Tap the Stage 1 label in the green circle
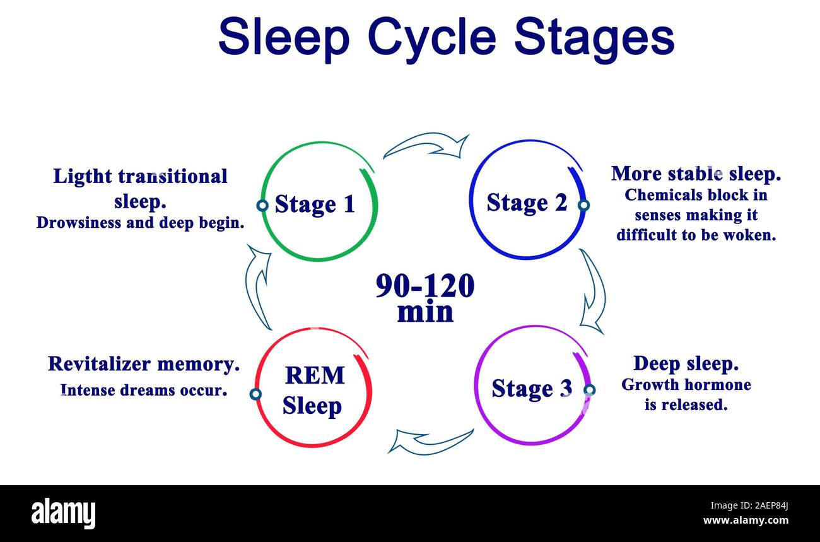(x=315, y=204)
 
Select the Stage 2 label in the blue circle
(x=526, y=203)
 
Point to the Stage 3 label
(x=531, y=388)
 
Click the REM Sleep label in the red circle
(x=313, y=390)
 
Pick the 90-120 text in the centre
(x=425, y=286)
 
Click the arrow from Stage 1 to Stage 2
(x=427, y=146)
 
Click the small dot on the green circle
(x=262, y=205)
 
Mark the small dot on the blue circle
(x=583, y=205)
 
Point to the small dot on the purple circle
(x=589, y=390)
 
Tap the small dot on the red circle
(x=255, y=394)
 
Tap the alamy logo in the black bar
(x=64, y=512)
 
